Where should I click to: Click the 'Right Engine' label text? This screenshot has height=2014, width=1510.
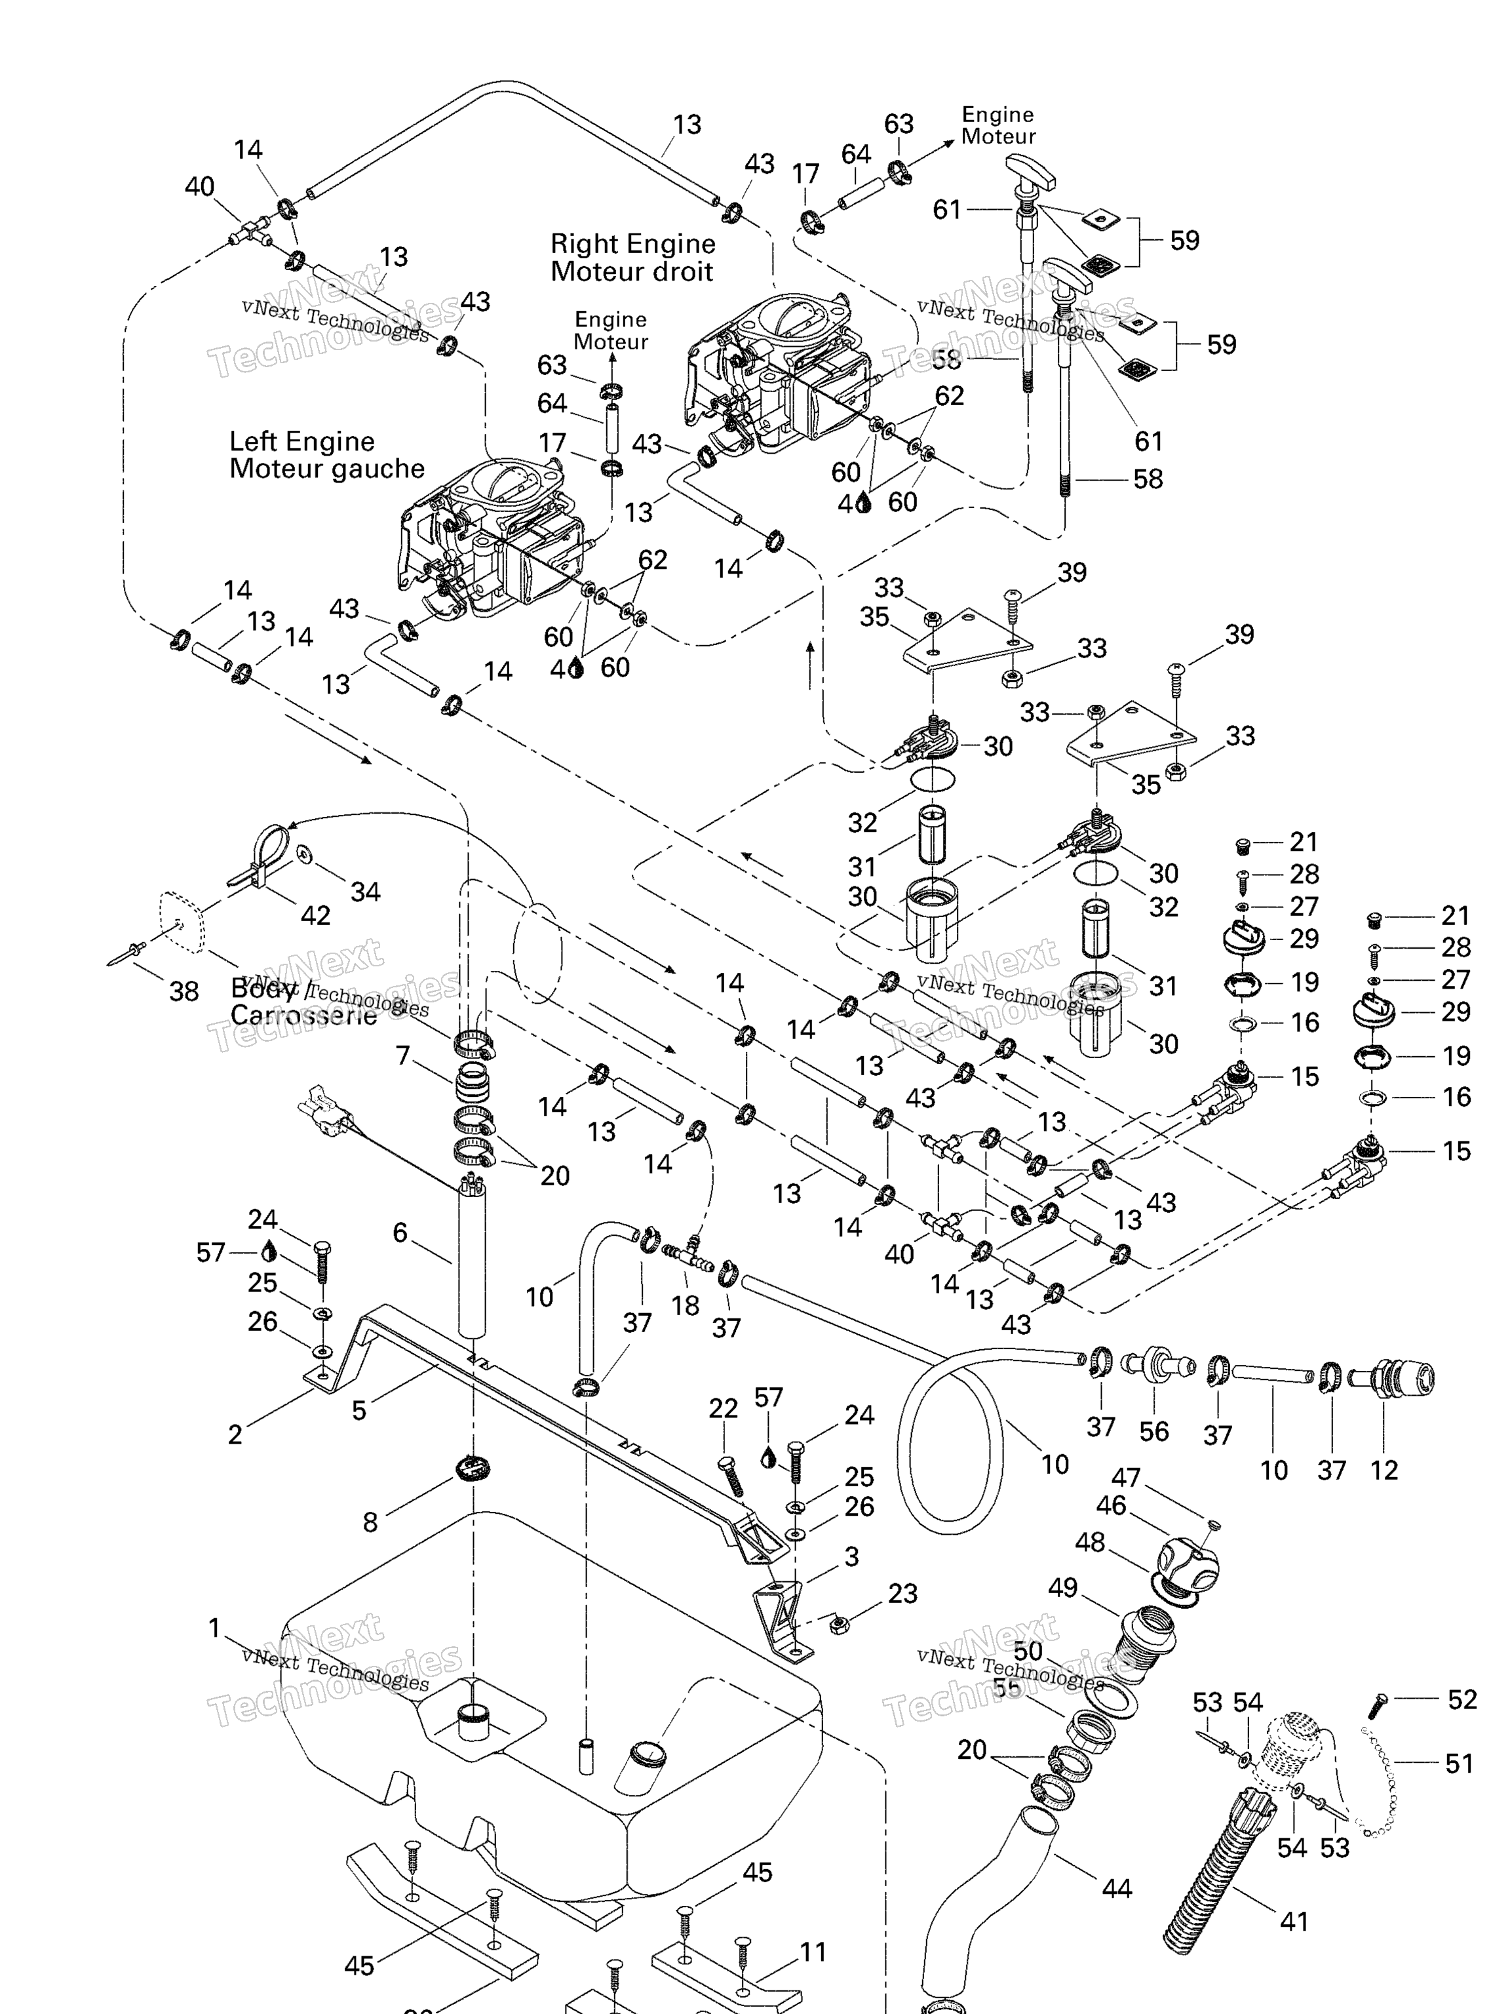pos(632,244)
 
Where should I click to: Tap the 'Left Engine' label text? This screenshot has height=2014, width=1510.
pos(301,442)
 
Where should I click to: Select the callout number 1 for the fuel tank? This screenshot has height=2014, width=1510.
pos(215,1627)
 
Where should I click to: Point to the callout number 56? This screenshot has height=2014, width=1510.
pos(1153,1431)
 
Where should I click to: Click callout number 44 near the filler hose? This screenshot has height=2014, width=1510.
pos(1116,1888)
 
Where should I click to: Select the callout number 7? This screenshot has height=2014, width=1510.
pos(402,1056)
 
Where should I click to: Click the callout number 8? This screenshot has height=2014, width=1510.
pos(370,1522)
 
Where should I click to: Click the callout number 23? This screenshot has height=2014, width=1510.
pos(902,1592)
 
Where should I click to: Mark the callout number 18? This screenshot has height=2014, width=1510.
pos(684,1305)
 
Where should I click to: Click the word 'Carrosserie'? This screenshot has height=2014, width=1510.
pos(303,1015)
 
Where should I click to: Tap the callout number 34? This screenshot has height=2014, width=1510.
pos(365,892)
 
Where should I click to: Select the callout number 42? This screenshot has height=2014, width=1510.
pos(315,915)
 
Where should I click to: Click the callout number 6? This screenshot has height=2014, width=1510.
pos(400,1232)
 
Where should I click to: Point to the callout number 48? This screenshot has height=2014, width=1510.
pos(1089,1541)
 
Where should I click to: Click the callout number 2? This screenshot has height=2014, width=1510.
pos(235,1434)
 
